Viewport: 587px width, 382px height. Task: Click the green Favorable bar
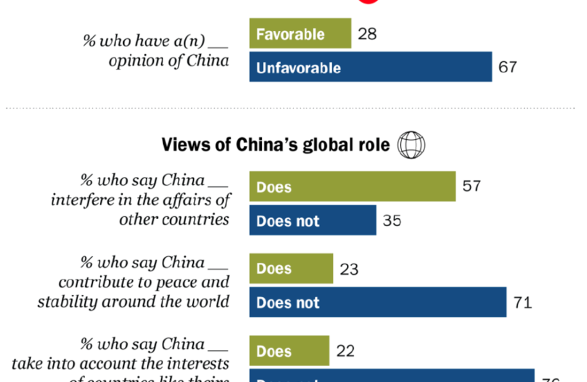[300, 33]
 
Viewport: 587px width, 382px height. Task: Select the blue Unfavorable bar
[370, 67]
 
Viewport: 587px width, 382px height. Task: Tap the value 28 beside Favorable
[367, 33]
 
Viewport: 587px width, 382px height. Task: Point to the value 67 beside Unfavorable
[508, 67]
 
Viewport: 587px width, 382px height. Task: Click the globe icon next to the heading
[411, 145]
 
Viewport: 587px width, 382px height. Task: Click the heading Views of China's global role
[275, 145]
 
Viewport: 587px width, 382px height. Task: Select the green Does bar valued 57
[352, 186]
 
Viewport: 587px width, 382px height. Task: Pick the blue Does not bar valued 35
[312, 220]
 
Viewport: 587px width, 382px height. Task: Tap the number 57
[471, 186]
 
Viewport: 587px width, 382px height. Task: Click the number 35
[392, 221]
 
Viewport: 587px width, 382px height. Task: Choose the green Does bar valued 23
[291, 269]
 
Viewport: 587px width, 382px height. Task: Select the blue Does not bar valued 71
[377, 302]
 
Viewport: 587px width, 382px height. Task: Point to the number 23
[349, 269]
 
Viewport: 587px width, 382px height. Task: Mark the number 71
[522, 303]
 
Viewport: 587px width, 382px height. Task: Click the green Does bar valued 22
[289, 351]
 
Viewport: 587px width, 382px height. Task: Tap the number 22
[345, 351]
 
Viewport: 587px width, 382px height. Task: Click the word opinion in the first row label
[132, 61]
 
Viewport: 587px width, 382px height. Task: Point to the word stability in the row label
[67, 301]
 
